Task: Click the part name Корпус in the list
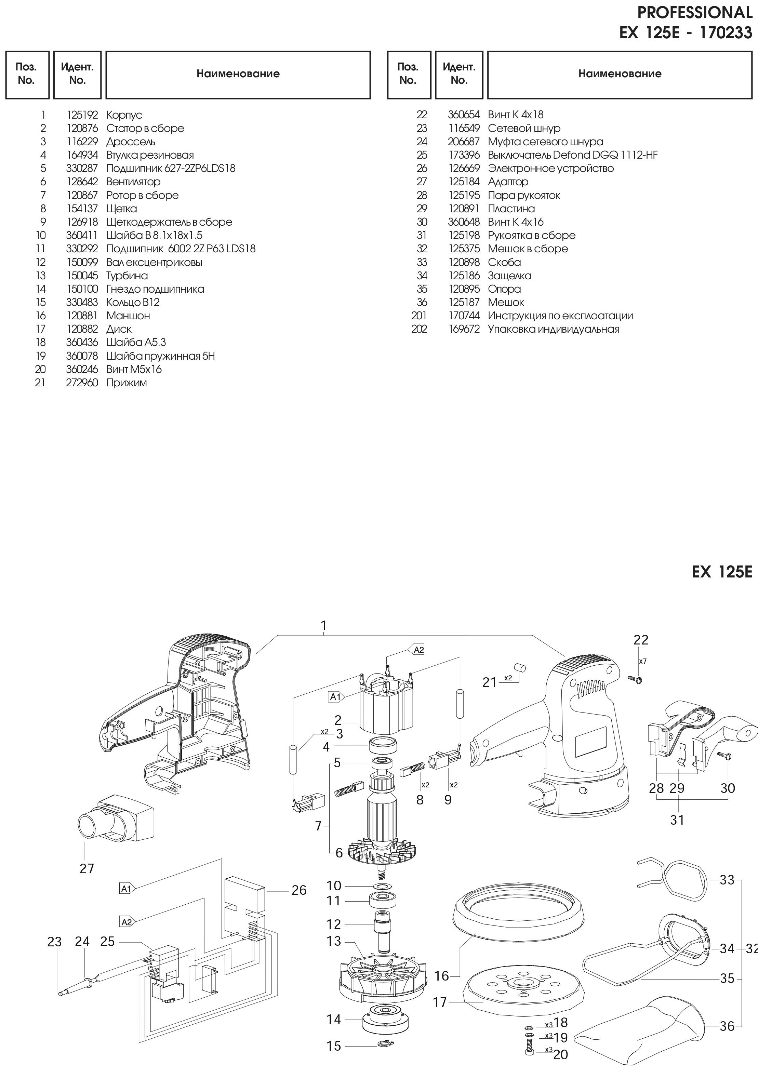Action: coord(124,115)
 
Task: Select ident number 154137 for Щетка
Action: coord(82,209)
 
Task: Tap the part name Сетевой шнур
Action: coord(524,128)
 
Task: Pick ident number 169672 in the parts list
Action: coord(464,329)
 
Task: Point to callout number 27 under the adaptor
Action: coord(87,869)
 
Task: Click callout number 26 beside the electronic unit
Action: coord(299,890)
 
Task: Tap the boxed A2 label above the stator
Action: coord(418,650)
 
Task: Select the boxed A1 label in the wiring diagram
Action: coord(126,888)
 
